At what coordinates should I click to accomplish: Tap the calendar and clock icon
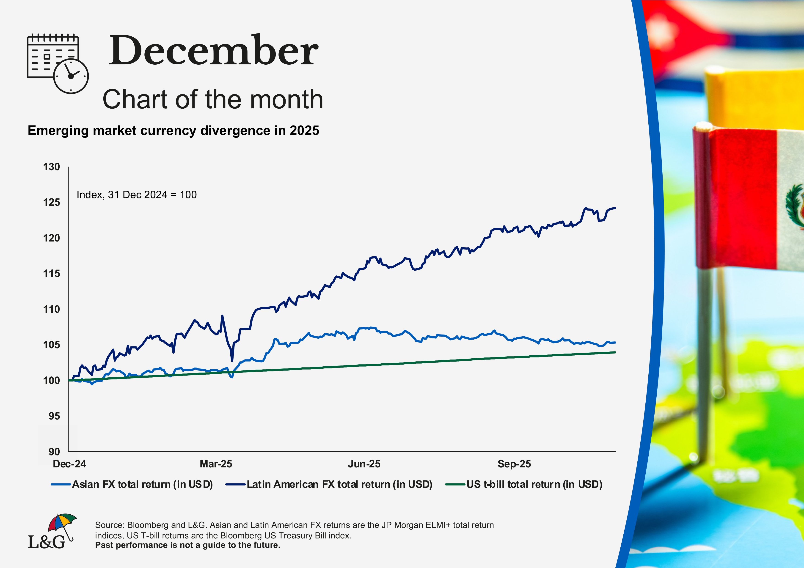click(x=58, y=63)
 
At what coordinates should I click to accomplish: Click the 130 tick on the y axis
click(x=52, y=167)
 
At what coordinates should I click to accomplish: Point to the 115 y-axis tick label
click(x=52, y=274)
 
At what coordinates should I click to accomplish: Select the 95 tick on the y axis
click(x=54, y=416)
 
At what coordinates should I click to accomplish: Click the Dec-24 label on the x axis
click(x=69, y=464)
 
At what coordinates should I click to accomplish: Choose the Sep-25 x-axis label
click(x=514, y=464)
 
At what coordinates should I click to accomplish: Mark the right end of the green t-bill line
click(x=615, y=352)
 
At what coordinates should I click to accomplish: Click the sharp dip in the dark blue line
click(x=232, y=360)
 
